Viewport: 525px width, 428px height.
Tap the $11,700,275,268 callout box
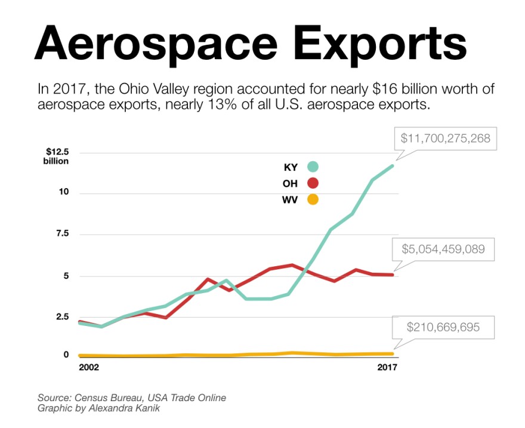click(445, 138)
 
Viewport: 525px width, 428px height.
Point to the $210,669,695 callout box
click(443, 327)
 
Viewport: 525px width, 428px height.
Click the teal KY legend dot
click(313, 167)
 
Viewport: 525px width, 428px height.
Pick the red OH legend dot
click(313, 183)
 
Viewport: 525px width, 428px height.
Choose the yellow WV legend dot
click(313, 199)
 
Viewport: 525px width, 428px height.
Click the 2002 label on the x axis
click(89, 368)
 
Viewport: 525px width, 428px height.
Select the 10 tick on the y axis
click(64, 192)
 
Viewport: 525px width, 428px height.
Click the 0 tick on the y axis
click(66, 355)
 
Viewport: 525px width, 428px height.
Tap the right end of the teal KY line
click(393, 165)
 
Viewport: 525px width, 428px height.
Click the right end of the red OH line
click(393, 275)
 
